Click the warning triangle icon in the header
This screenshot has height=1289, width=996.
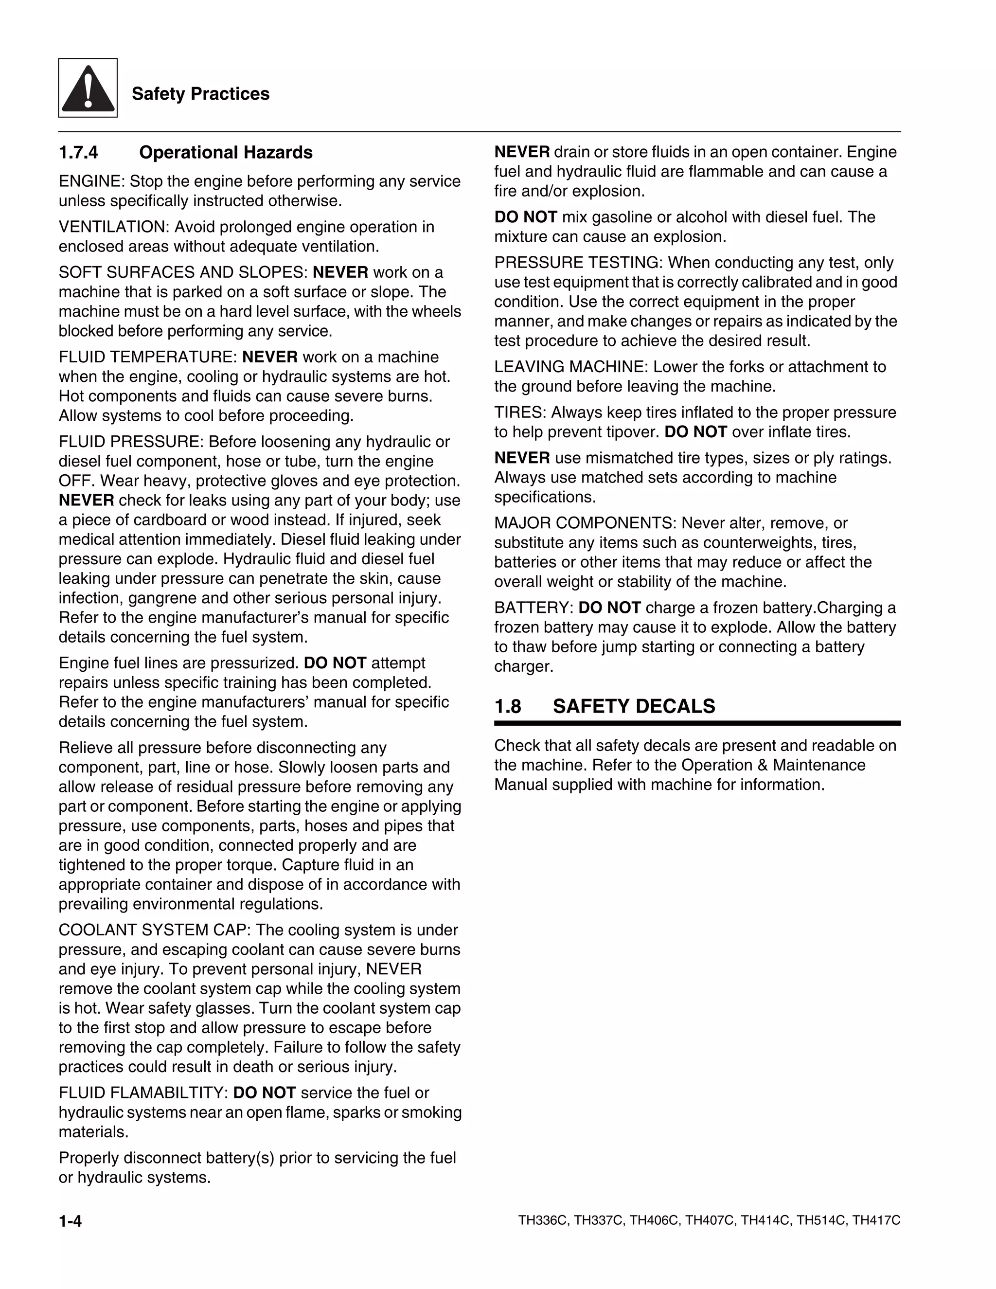(x=88, y=88)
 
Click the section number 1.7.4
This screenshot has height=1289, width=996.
(x=78, y=152)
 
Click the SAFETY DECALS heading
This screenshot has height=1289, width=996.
(x=634, y=706)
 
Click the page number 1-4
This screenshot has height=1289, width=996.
(x=70, y=1220)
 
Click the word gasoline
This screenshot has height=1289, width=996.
(x=622, y=217)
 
